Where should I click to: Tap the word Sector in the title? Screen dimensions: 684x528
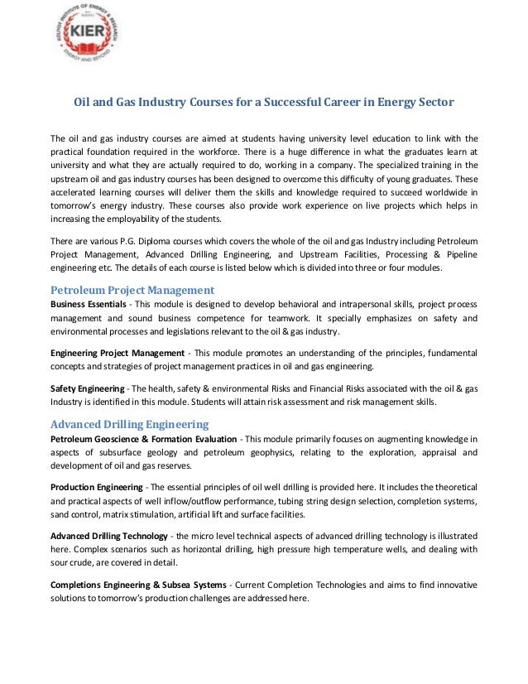pyautogui.click(x=433, y=103)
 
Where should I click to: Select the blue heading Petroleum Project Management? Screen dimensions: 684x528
pyautogui.click(x=132, y=291)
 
